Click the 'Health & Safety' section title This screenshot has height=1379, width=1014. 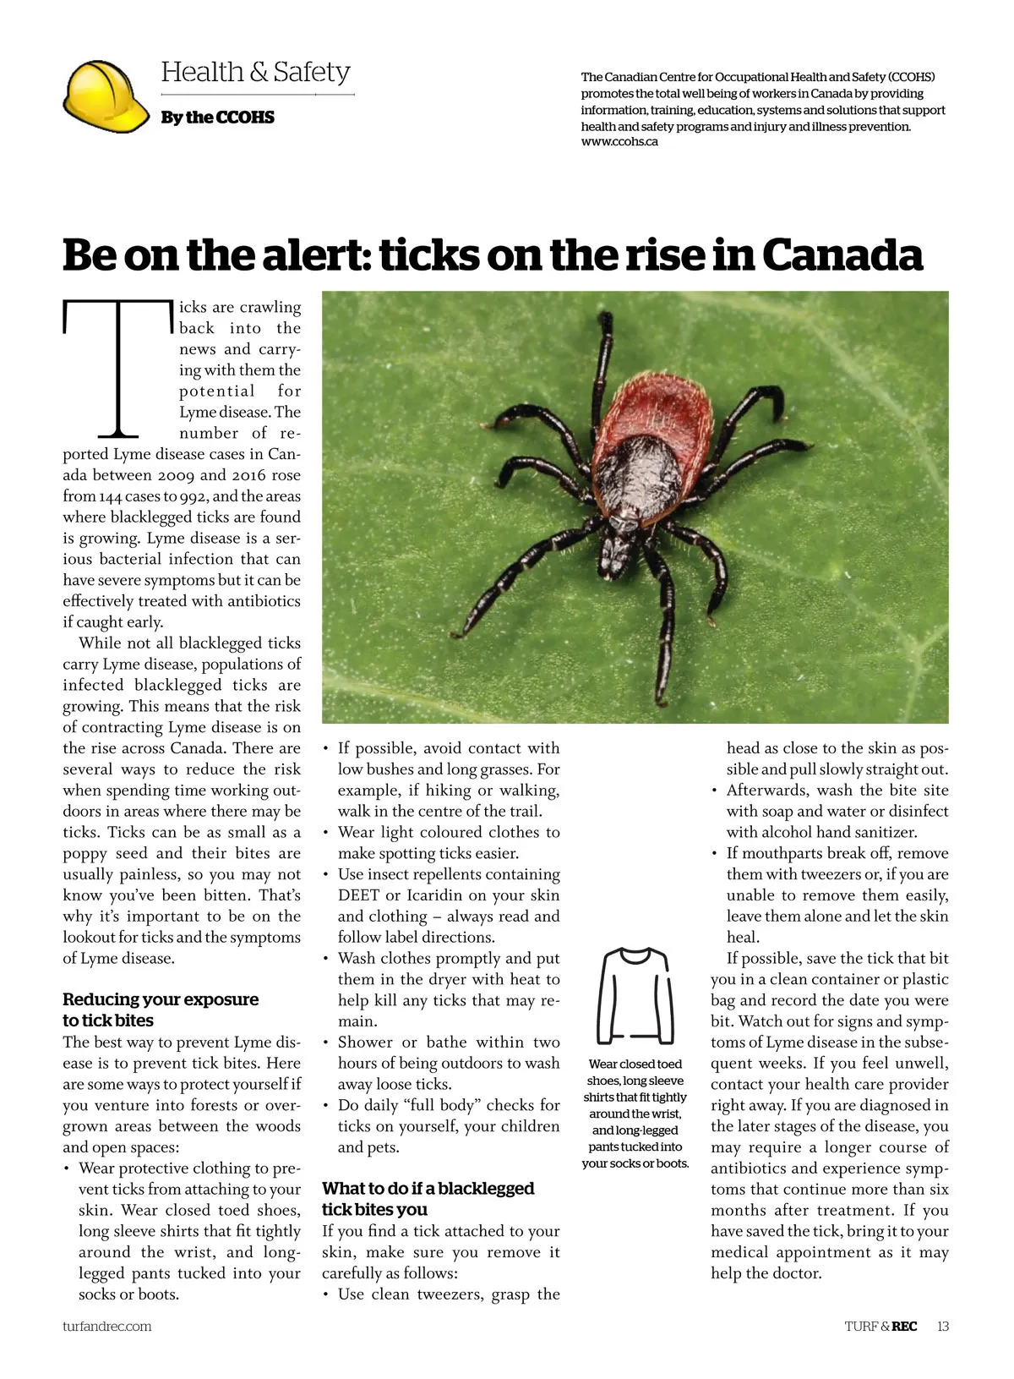point(255,72)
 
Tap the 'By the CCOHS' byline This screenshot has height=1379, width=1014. point(217,118)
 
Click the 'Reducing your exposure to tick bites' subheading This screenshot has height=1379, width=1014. point(160,1010)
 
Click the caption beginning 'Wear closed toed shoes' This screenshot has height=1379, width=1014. point(635,1113)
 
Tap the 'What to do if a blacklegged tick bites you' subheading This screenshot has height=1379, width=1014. point(428,1199)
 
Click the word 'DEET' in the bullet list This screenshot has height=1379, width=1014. point(358,895)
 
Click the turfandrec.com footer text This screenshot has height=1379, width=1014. point(106,1326)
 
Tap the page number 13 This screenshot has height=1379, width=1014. point(942,1326)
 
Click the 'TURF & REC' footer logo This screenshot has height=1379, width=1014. point(880,1326)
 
